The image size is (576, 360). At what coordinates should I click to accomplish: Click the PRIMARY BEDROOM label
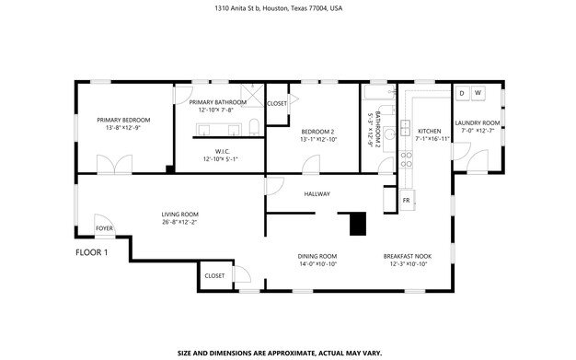pos(123,120)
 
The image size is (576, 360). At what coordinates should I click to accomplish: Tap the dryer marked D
pos(462,93)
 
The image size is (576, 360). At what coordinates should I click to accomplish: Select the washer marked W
pos(478,93)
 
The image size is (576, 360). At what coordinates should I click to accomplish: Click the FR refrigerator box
pos(407,201)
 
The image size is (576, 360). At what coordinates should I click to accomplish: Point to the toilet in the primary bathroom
pos(254,127)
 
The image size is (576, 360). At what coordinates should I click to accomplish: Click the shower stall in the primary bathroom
pos(252,96)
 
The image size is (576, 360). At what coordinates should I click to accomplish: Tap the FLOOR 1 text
pos(91,252)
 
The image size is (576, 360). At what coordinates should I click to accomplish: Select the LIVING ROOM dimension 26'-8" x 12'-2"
pos(180,222)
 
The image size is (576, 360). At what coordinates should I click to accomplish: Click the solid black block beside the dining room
pos(357,224)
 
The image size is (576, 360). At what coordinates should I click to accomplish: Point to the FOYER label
pos(104,228)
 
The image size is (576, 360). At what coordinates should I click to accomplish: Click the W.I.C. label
pos(223,151)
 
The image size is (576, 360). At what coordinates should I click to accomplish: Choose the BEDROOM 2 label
pos(317,132)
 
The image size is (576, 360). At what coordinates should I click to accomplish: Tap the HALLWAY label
pos(317,193)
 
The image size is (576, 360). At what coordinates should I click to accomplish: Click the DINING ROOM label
pos(317,256)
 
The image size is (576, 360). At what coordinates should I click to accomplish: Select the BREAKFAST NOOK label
pos(408,256)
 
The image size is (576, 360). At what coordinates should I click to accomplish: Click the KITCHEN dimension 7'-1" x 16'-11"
pos(432,139)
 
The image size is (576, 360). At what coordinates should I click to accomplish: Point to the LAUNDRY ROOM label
pos(478,122)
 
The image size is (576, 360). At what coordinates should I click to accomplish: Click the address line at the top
pos(279,8)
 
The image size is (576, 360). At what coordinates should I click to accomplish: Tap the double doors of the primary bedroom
pos(114,164)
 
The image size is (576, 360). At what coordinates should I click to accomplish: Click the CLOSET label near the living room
pos(214,276)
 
